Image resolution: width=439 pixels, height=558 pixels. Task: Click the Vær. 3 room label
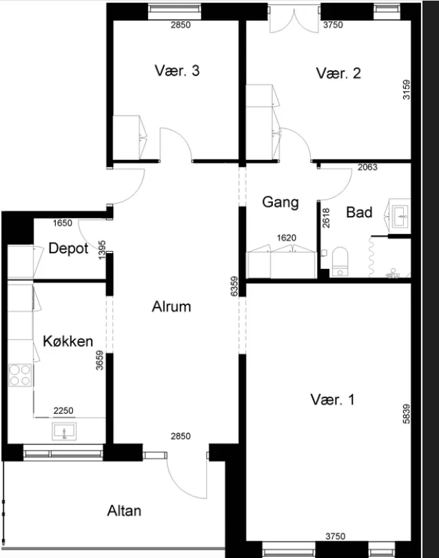pos(177,70)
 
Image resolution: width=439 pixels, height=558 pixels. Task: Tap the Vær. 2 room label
pos(338,73)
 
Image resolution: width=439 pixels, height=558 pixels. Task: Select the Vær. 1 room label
pos(333,399)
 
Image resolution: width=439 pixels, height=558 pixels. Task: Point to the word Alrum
pos(172,306)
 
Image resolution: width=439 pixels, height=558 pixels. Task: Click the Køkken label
pos(68,341)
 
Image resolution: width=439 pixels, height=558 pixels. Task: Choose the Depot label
pos(68,248)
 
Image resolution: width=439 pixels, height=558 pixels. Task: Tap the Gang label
pos(280,202)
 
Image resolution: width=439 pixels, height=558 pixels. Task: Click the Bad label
pos(359,212)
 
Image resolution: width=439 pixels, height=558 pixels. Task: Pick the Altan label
pos(124,510)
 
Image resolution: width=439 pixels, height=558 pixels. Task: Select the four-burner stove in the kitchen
pos(20,375)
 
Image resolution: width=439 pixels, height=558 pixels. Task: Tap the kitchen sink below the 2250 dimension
pos(64,432)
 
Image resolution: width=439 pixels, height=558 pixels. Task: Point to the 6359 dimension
pos(234,286)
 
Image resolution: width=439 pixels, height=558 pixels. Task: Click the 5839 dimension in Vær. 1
pos(407,414)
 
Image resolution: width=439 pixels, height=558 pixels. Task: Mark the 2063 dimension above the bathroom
pos(367,167)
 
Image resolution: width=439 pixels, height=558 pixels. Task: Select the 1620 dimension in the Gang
pos(286,238)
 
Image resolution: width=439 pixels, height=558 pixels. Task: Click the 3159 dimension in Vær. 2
pos(407,90)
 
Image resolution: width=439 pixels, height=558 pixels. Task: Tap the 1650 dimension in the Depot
pos(63,223)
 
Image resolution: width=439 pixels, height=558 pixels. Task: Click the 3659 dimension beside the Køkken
pos(100,360)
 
